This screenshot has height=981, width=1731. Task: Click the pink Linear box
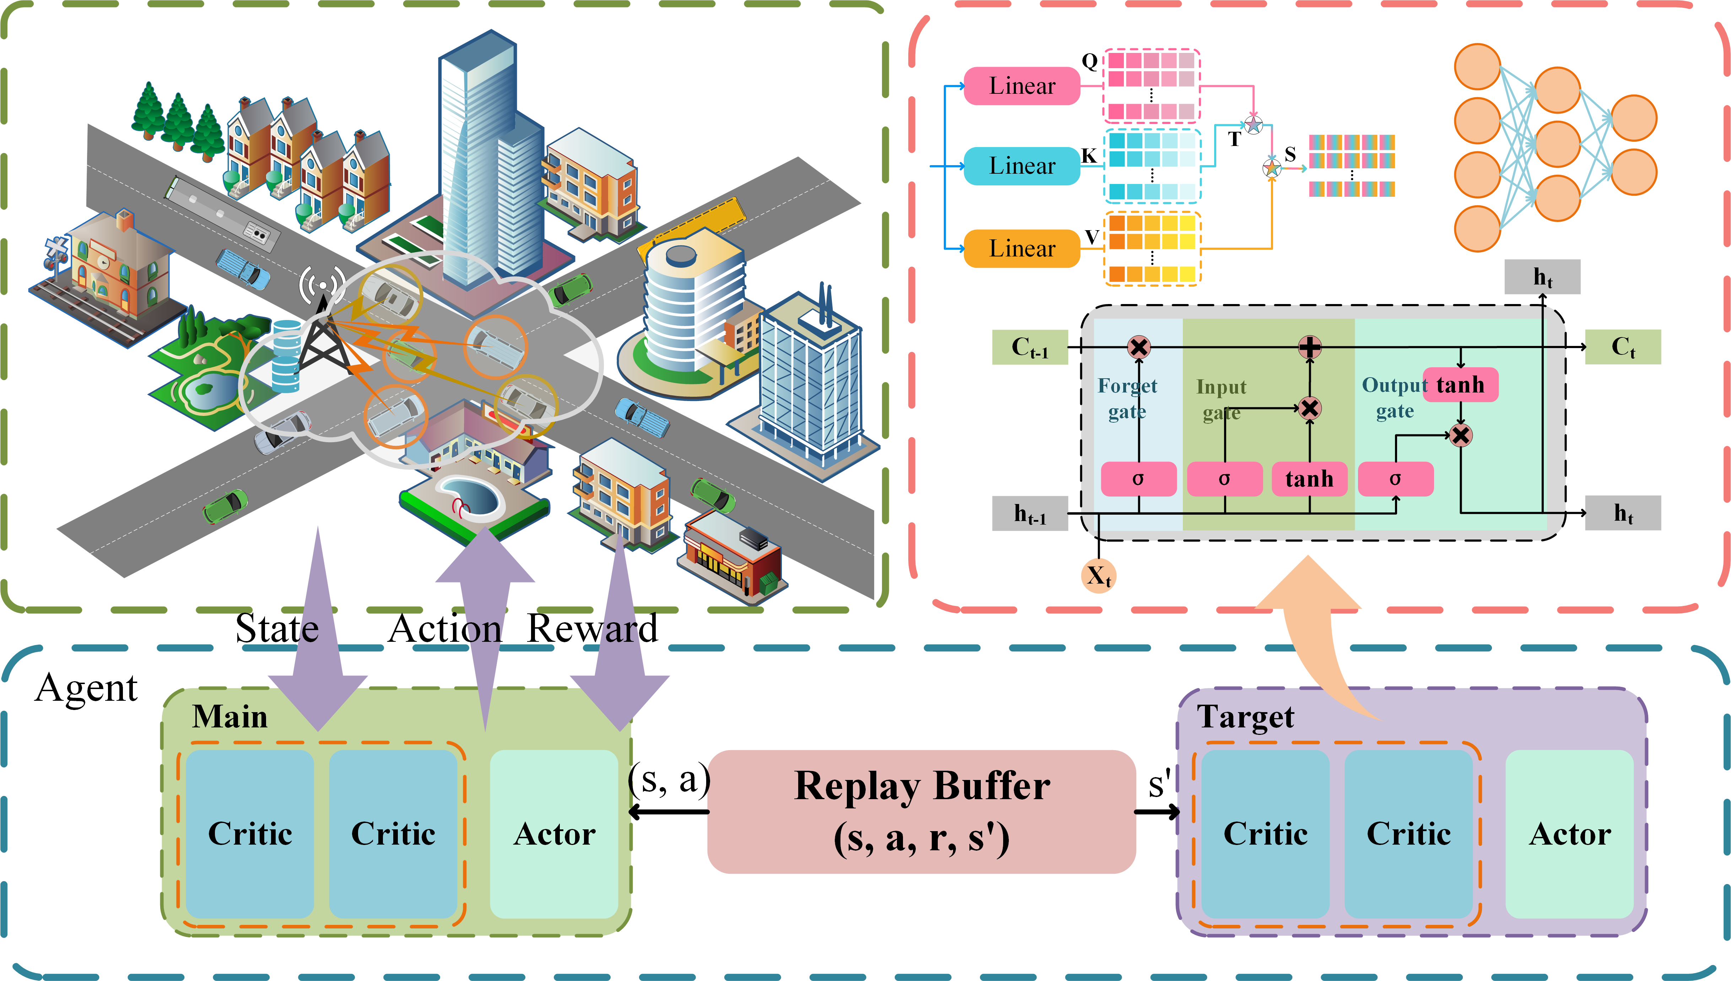click(x=1022, y=86)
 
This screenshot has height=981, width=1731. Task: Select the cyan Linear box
click(x=1022, y=166)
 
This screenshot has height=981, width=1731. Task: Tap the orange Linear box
click(x=1022, y=249)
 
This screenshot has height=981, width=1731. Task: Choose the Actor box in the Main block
click(x=554, y=834)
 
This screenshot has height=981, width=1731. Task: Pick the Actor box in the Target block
click(x=1569, y=834)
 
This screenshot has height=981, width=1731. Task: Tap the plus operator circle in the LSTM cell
click(x=1309, y=347)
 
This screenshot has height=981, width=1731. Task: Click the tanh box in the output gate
click(x=1460, y=385)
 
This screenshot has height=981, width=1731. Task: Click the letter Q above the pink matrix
click(x=1089, y=61)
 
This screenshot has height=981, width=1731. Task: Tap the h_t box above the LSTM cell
click(x=1542, y=277)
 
